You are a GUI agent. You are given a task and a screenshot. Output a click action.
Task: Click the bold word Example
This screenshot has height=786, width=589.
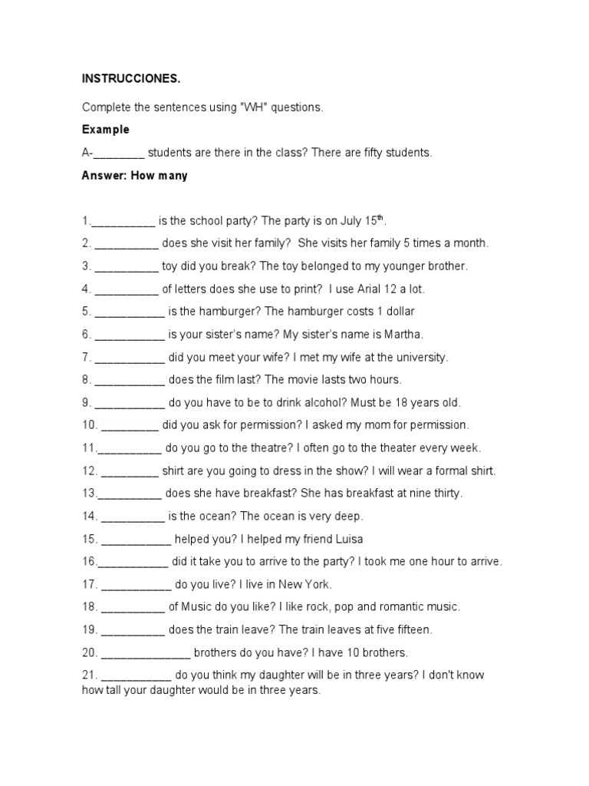click(106, 130)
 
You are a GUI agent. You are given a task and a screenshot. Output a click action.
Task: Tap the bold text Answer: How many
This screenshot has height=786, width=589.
click(134, 176)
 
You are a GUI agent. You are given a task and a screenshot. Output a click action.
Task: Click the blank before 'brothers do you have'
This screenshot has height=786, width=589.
click(145, 654)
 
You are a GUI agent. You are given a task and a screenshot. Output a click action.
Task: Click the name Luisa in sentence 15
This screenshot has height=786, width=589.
click(347, 539)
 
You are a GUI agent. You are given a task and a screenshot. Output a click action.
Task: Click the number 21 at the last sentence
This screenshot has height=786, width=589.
click(88, 676)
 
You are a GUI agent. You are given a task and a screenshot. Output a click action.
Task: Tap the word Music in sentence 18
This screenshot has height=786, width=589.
click(199, 607)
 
